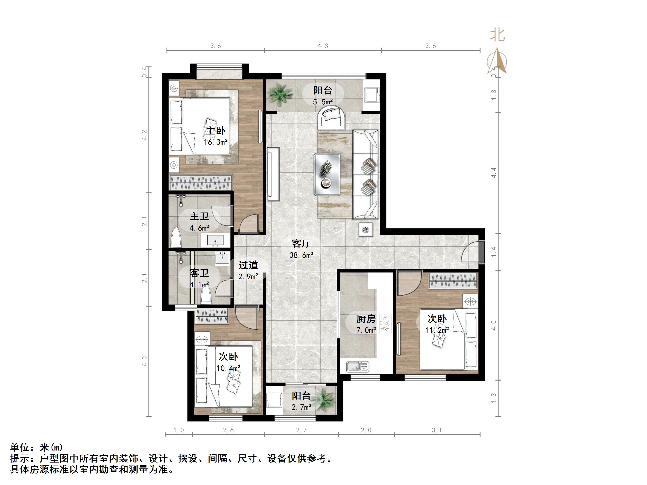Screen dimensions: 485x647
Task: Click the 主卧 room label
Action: pos(216,131)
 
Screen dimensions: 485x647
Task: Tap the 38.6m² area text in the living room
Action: pos(301,255)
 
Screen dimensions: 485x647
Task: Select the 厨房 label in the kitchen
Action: pos(366,319)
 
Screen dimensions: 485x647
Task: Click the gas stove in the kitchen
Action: pos(385,323)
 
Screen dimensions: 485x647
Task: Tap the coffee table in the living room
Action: pos(327,174)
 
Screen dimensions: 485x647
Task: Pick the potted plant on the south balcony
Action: pos(325,400)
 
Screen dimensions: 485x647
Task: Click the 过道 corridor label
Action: pos(248,265)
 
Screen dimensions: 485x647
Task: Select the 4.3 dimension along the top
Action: pos(323,46)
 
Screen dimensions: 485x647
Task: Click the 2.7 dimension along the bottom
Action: pos(301,430)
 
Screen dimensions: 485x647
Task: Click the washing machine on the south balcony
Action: pos(274,400)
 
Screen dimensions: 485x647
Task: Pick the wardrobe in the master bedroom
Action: pos(201,183)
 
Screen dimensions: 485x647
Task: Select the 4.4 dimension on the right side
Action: pos(494,173)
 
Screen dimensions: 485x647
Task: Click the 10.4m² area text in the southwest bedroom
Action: pos(229,368)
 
